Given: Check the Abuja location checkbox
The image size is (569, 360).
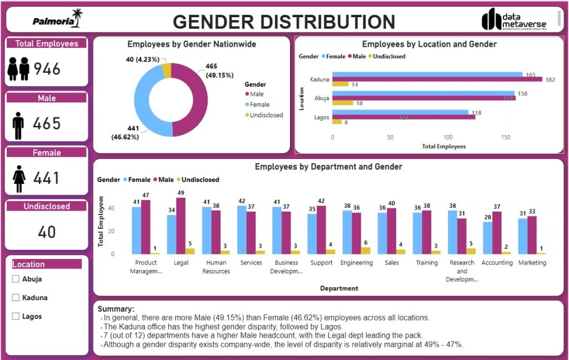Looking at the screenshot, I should [x=16, y=279].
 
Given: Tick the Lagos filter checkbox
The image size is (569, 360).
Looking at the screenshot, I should [x=16, y=317].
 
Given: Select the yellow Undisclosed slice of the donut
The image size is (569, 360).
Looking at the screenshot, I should [x=166, y=70].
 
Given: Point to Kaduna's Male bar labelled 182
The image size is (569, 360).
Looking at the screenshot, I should [x=437, y=79].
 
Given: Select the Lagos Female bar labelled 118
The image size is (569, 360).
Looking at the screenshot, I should [x=400, y=112].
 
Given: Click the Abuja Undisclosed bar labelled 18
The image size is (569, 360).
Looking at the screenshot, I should [x=342, y=103].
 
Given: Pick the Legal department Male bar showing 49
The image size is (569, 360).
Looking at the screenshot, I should [x=181, y=226].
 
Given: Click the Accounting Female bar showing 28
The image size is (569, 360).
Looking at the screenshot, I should [x=487, y=238].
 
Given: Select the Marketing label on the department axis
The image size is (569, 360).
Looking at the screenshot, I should [x=532, y=263].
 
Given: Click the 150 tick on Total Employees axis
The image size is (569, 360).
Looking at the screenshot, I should [x=505, y=137].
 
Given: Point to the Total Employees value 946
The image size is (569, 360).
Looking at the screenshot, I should [x=47, y=69].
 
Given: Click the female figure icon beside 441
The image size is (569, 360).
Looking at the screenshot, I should [x=19, y=178].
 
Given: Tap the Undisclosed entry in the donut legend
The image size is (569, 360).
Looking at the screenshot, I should [x=266, y=115].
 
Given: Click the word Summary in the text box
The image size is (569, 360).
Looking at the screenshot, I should [x=116, y=309].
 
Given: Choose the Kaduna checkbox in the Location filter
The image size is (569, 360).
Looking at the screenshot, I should [x=16, y=298].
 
